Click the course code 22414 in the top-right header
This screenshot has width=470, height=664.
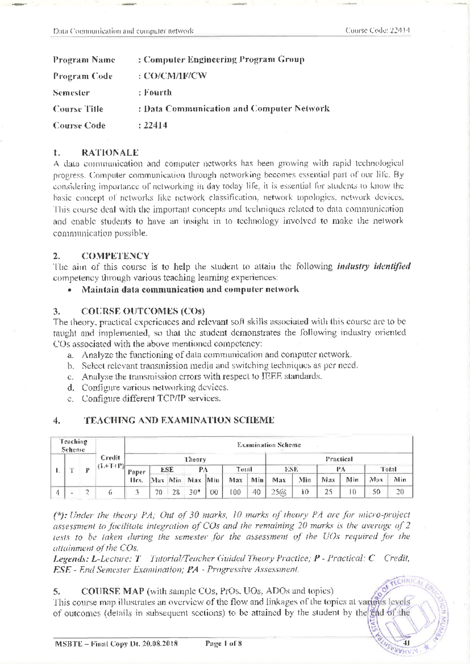click(399, 31)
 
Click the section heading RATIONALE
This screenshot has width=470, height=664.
click(110, 152)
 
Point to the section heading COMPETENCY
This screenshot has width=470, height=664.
click(115, 256)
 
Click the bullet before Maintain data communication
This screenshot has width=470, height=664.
click(69, 290)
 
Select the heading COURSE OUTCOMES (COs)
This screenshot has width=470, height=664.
click(143, 312)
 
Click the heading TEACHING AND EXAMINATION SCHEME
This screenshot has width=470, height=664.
click(179, 420)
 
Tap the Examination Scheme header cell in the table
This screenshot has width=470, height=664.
click(269, 445)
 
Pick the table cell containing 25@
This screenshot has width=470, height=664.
click(279, 492)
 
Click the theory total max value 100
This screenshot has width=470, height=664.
click(235, 492)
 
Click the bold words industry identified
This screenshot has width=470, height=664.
click(373, 267)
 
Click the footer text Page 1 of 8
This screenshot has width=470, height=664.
click(224, 643)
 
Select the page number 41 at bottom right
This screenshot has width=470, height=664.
click(406, 643)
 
